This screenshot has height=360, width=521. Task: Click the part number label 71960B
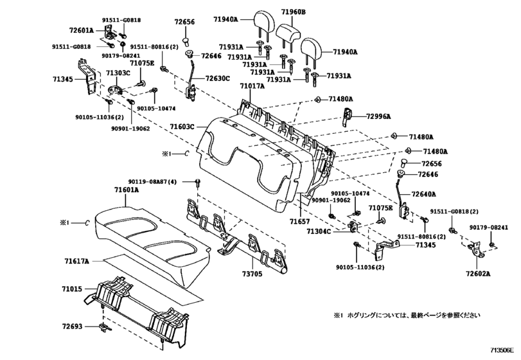tap(294, 12)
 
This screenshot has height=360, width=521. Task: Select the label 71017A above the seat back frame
tap(252, 86)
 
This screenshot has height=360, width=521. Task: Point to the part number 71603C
tap(182, 127)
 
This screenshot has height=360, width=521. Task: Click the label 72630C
tap(218, 78)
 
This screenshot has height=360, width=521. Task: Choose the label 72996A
tap(378, 116)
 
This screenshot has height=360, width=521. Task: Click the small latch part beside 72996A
tap(346, 116)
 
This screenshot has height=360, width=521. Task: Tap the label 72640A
tap(423, 194)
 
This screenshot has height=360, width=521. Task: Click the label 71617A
tap(76, 261)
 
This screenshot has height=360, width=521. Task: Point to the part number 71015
tap(71, 289)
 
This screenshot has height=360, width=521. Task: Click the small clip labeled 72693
tap(105, 327)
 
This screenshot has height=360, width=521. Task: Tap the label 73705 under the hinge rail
tap(252, 274)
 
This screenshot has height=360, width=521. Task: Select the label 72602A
tap(478, 274)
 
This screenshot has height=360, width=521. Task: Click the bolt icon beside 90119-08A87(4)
tap(198, 182)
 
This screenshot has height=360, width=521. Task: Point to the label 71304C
tap(319, 231)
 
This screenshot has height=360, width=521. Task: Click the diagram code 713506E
tap(502, 350)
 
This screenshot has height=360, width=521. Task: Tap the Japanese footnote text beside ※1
tap(414, 315)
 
